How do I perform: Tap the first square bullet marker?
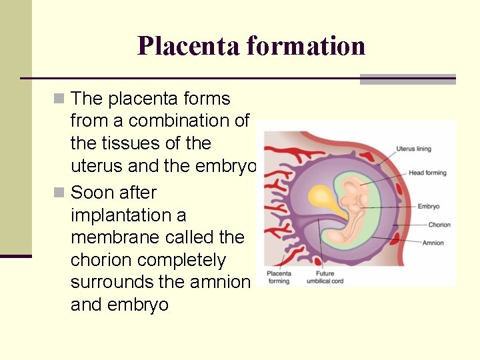pyautogui.click(x=60, y=99)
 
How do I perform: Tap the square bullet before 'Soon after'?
pyautogui.click(x=60, y=193)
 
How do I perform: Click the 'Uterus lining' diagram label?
pyautogui.click(x=414, y=149)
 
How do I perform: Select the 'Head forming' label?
pyautogui.click(x=427, y=173)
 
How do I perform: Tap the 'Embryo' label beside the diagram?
pyautogui.click(x=429, y=207)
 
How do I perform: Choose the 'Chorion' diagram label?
pyautogui.click(x=439, y=225)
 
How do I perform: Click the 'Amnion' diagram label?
pyautogui.click(x=433, y=243)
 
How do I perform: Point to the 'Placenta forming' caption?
pyautogui.click(x=279, y=277)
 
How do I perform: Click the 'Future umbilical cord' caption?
pyautogui.click(x=325, y=277)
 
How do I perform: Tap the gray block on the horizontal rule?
pyautogui.click(x=407, y=79)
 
